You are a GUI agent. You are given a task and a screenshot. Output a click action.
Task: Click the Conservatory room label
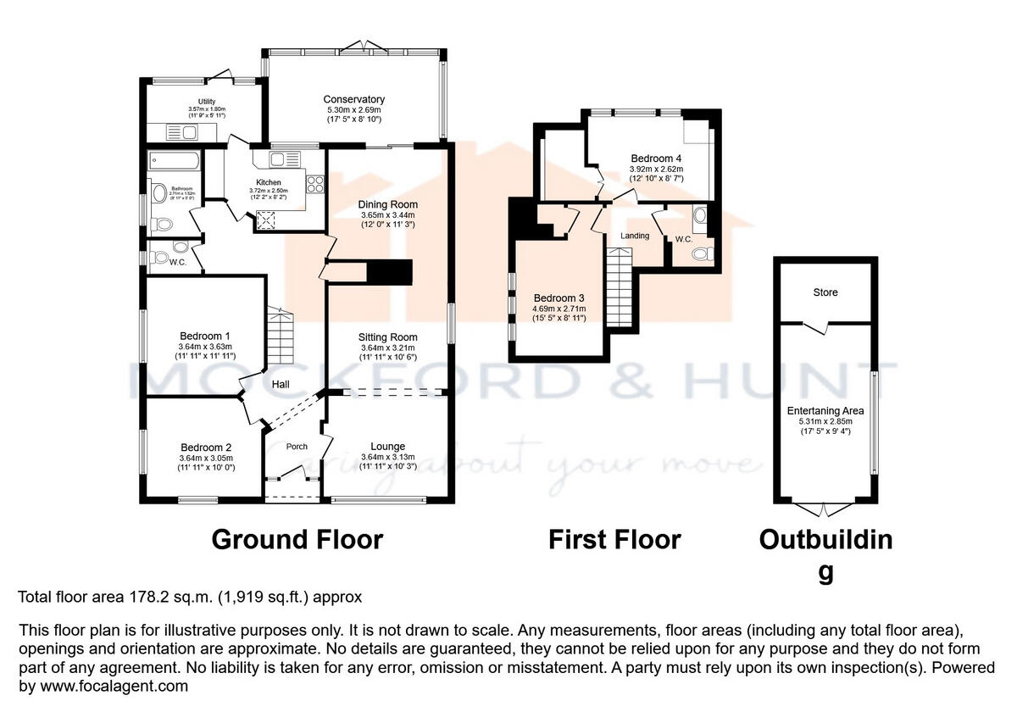click(x=354, y=99)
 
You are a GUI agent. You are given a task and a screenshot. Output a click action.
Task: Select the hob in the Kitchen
click(x=314, y=185)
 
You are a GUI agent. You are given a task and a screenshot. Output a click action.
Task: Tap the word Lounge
click(x=387, y=446)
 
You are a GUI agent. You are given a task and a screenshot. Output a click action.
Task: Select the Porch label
click(x=297, y=447)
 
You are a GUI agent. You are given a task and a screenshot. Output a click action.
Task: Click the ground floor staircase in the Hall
click(x=281, y=334)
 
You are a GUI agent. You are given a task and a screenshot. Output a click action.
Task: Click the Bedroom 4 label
click(x=656, y=158)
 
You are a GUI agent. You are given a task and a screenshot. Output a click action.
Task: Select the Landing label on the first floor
click(x=635, y=236)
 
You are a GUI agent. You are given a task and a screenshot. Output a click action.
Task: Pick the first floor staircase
click(x=620, y=276)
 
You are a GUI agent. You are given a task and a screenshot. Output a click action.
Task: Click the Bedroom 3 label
click(x=559, y=298)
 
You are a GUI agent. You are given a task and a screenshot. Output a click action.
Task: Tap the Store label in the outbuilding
click(x=825, y=292)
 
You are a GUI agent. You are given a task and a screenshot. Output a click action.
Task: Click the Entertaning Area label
click(x=825, y=411)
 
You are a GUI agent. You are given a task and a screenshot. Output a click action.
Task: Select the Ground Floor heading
click(x=297, y=539)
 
